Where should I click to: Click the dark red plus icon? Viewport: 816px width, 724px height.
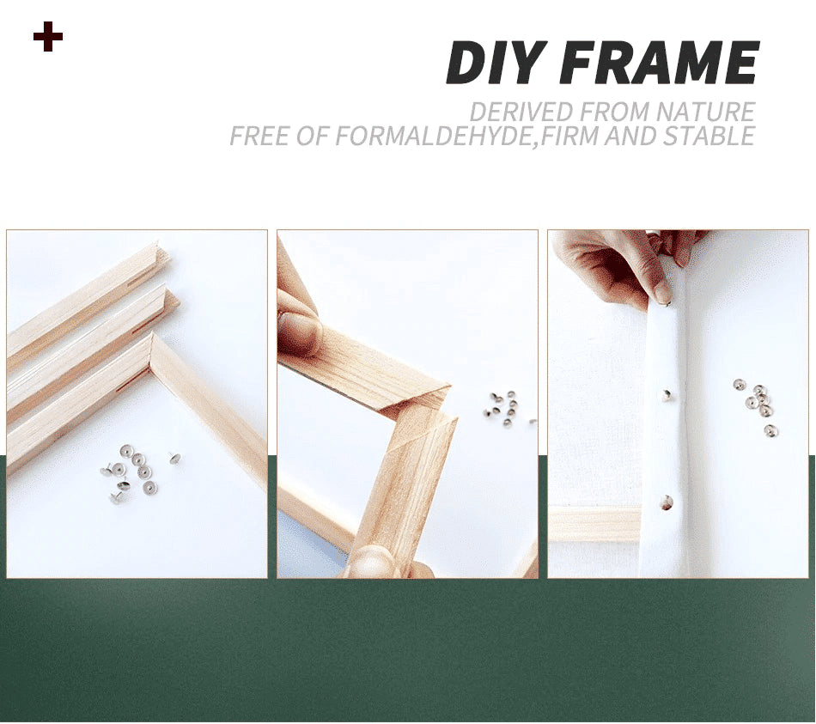pos(48,38)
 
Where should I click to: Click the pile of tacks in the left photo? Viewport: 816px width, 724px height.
pos(134,472)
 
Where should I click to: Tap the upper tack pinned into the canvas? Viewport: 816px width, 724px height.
pos(667,394)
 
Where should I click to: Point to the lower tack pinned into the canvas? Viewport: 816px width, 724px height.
pos(666,507)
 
